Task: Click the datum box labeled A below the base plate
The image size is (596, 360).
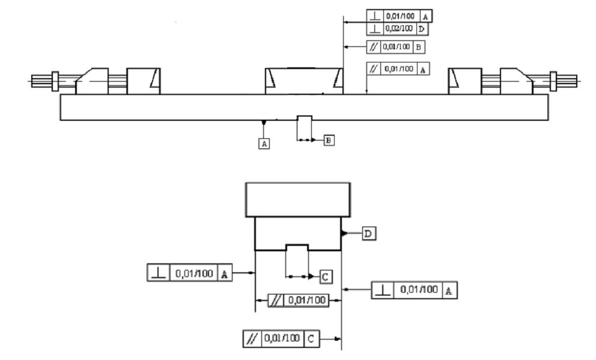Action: coord(264,144)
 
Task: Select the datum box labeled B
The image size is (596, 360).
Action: coord(329,140)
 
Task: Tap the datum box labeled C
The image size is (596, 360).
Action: coord(326,276)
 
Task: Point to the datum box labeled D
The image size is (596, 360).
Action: coord(369,233)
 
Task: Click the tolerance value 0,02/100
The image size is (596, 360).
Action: coord(399,28)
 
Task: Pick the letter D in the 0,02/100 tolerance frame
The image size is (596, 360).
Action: coord(422,29)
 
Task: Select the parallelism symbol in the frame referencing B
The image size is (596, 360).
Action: coord(374,47)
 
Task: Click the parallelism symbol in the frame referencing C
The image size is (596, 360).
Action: coord(252,338)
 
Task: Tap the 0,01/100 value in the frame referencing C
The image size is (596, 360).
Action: coord(282,338)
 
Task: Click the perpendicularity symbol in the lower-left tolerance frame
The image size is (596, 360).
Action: coord(159,273)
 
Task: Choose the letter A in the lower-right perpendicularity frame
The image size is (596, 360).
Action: coord(449,291)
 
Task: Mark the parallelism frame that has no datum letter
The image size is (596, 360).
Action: coord(299,301)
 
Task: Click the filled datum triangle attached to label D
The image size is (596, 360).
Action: coord(344,233)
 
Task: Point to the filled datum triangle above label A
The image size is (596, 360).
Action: coord(263,123)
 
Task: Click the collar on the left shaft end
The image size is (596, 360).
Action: coord(55,81)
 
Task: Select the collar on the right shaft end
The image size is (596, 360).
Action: coord(553,81)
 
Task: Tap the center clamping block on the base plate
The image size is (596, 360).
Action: coord(304,81)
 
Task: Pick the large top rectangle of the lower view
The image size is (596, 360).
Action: coord(298,200)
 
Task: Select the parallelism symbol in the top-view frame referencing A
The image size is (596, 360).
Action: coord(374,69)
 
